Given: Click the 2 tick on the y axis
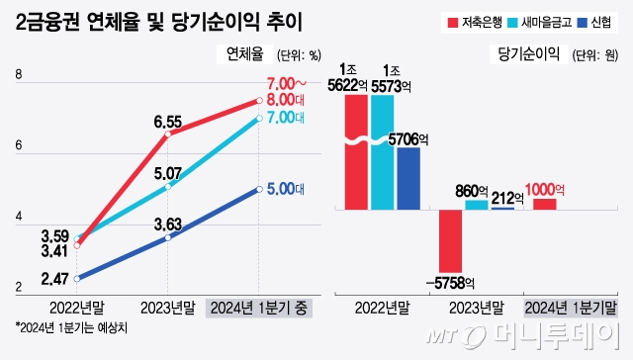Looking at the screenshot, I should (18, 288).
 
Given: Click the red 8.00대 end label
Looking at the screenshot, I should (289, 99).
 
